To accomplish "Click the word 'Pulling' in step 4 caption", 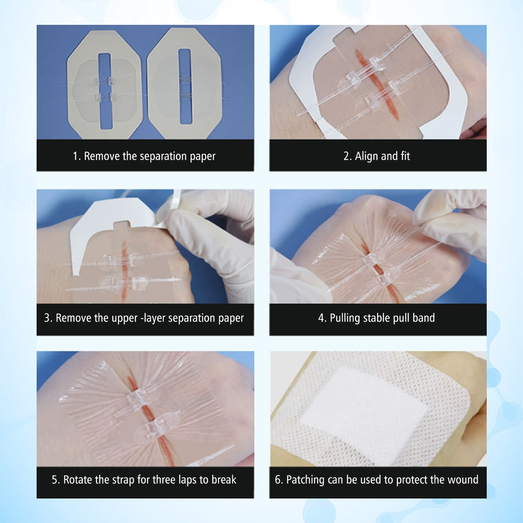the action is pyautogui.click(x=345, y=318).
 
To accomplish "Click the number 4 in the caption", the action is pyautogui.click(x=321, y=318).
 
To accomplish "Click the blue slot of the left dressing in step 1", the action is pyautogui.click(x=105, y=90).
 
